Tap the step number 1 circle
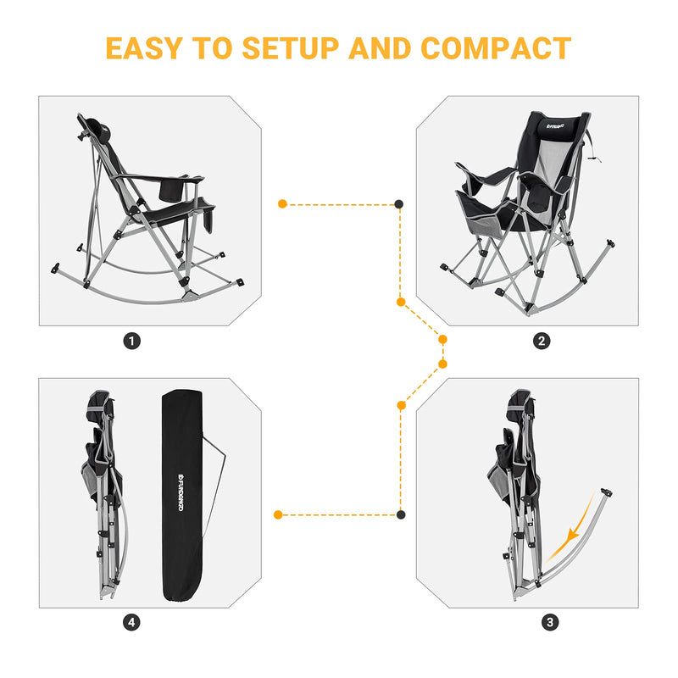[131, 341]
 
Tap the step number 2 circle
[542, 341]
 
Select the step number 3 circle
[551, 623]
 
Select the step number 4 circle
[131, 623]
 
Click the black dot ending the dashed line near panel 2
[399, 204]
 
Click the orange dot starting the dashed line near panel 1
[282, 204]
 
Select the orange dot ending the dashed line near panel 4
[278, 514]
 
